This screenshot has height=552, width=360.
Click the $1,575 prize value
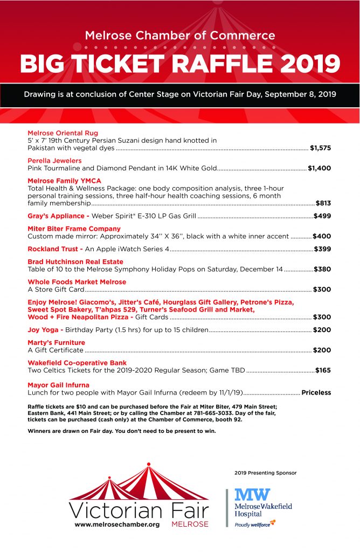(x=321, y=147)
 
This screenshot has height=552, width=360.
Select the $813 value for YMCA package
(x=323, y=203)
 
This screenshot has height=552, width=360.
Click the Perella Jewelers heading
(x=54, y=161)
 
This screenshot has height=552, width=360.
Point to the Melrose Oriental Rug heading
(x=63, y=133)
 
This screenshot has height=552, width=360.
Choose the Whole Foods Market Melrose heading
(x=77, y=282)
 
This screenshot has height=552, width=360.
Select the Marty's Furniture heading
(x=56, y=342)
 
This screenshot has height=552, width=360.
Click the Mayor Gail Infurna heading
(x=58, y=385)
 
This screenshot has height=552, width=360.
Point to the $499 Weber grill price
(x=322, y=216)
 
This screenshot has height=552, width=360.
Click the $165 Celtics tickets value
(x=323, y=370)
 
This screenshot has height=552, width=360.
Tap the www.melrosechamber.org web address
(x=117, y=525)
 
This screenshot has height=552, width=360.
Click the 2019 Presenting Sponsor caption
(x=265, y=473)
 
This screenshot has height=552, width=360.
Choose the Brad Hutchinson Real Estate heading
(x=75, y=261)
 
